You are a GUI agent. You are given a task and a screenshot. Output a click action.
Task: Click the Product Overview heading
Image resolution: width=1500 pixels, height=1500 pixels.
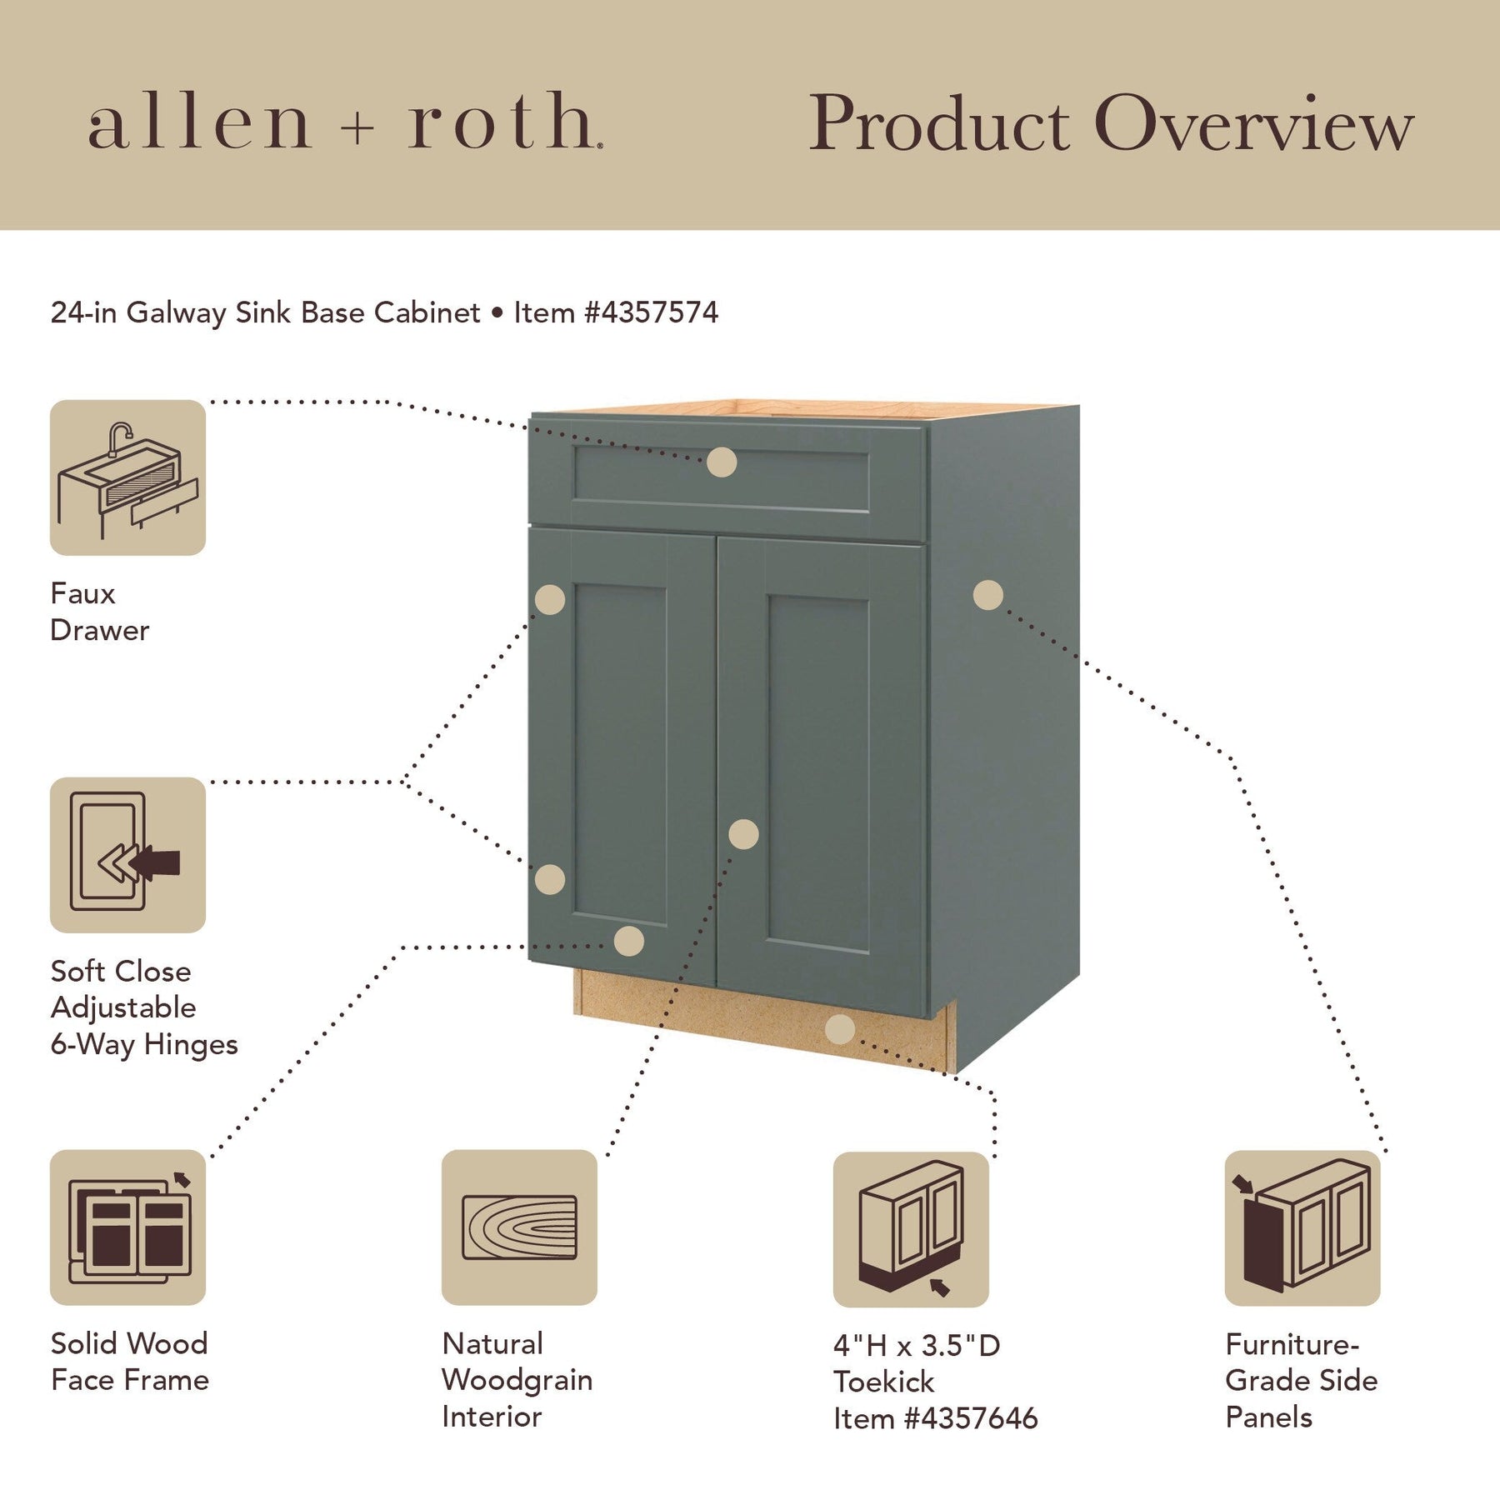1112,123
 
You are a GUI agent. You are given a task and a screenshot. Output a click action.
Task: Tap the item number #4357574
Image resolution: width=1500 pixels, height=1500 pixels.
651,312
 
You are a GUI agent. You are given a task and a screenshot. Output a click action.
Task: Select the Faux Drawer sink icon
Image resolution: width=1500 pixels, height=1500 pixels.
127,477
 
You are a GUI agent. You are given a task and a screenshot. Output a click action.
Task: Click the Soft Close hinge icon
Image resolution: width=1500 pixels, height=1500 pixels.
127,855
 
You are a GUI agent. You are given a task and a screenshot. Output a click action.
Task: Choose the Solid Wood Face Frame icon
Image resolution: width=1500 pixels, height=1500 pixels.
127,1227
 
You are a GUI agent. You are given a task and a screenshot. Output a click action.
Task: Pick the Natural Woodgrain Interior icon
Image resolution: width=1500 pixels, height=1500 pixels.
519,1227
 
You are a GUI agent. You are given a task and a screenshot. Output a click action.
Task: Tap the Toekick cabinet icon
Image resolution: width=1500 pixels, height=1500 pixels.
911,1229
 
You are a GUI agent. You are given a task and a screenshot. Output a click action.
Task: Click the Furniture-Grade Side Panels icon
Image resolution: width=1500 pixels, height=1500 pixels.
1302,1228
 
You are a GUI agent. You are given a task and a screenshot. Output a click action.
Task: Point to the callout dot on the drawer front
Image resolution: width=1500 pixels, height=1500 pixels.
722,462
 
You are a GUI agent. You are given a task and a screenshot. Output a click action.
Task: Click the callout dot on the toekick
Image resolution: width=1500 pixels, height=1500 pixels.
840,1029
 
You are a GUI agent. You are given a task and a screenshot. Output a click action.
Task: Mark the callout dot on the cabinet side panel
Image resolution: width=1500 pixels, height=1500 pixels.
988,595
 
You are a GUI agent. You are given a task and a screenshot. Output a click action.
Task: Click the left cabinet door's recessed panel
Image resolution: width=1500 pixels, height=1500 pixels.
620,754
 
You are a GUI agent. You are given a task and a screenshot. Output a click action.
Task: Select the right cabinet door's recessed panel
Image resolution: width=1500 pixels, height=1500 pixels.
819,772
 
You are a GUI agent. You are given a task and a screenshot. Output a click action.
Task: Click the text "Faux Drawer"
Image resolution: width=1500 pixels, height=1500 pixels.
100,612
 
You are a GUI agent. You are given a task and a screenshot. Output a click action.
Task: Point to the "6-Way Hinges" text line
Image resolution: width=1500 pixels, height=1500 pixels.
144,1045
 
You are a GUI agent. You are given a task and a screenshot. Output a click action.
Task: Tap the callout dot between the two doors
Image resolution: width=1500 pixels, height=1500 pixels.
743,834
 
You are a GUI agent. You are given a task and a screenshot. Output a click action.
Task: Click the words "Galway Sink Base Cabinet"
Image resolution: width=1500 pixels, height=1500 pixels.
303,312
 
